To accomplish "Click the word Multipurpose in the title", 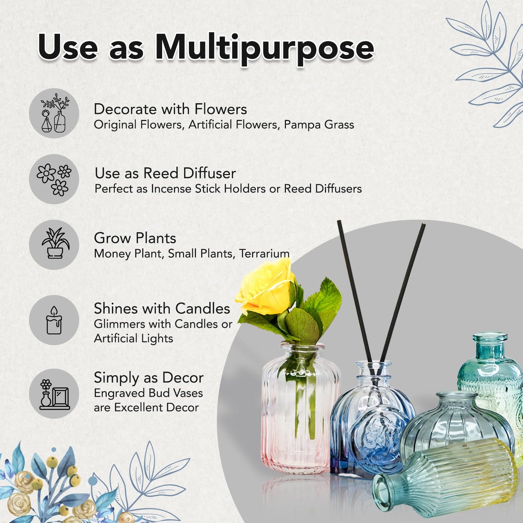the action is (264, 49).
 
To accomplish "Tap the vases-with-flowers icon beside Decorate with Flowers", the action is (54, 113).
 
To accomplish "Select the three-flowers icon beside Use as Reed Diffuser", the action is (54, 179).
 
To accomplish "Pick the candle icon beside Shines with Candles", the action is (54, 320).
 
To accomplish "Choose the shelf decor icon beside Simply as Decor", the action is (54, 393).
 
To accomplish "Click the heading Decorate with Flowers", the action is (170, 109).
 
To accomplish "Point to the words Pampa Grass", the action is (319, 125).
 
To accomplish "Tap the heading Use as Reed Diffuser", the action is (165, 173).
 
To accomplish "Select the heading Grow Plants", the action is (135, 238).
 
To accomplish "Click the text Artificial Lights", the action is (134, 338).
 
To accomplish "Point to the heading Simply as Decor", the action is (149, 378).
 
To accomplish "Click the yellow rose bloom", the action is (265, 286).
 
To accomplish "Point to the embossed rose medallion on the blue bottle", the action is (375, 437).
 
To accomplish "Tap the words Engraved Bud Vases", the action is (148, 393).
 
